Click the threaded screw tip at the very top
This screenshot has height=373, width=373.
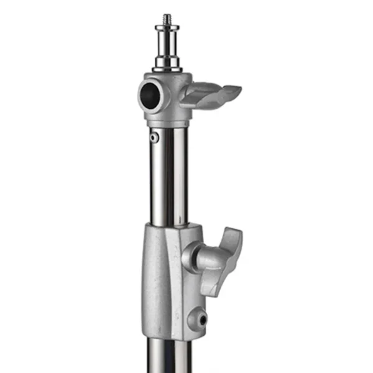[x=167, y=20]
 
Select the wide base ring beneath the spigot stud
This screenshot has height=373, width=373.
[x=167, y=64]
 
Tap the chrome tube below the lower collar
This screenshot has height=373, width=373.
[x=168, y=357]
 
